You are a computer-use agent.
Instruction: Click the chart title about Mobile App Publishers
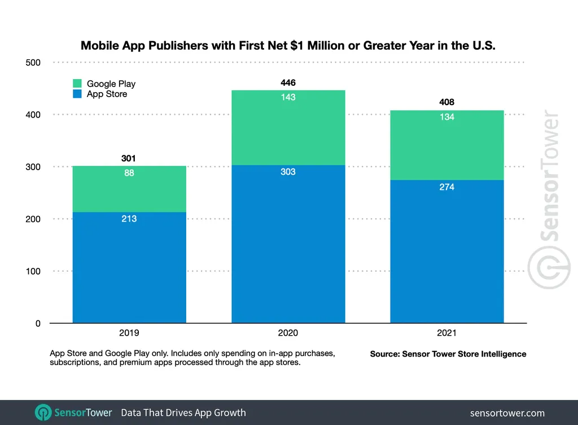pyautogui.click(x=288, y=46)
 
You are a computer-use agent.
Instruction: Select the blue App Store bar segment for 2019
pyautogui.click(x=129, y=268)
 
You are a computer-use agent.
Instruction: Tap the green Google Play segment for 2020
pyautogui.click(x=288, y=128)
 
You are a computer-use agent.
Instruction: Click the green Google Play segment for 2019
pyautogui.click(x=129, y=189)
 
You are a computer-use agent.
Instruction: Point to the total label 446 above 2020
pyautogui.click(x=288, y=83)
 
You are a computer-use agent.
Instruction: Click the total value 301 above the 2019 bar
pyautogui.click(x=129, y=159)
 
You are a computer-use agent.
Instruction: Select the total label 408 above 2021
pyautogui.click(x=446, y=103)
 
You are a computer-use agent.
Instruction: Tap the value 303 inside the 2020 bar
pyautogui.click(x=288, y=172)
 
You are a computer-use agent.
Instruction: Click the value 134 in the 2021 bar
pyautogui.click(x=446, y=118)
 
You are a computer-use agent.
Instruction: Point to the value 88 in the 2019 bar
pyautogui.click(x=129, y=174)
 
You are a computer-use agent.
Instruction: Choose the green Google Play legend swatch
pyautogui.click(x=77, y=84)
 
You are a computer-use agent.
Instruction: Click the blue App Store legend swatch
pyautogui.click(x=77, y=94)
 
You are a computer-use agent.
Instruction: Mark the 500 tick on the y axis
pyautogui.click(x=34, y=63)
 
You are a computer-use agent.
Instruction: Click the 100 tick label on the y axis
pyautogui.click(x=34, y=271)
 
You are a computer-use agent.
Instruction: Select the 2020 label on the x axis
pyautogui.click(x=288, y=333)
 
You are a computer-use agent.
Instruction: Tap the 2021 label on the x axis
pyautogui.click(x=446, y=333)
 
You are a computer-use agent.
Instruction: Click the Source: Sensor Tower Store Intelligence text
pyautogui.click(x=448, y=354)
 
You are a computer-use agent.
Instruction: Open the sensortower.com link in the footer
pyautogui.click(x=507, y=413)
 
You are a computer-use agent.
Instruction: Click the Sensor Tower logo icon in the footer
pyautogui.click(x=43, y=413)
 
